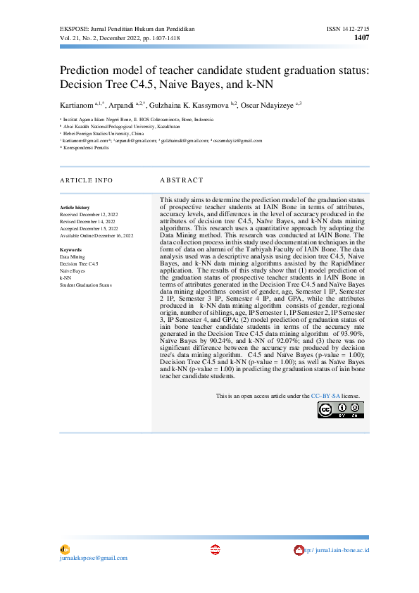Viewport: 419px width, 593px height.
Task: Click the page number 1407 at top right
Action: pyautogui.click(x=361, y=37)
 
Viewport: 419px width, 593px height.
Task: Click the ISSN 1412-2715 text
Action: pyautogui.click(x=348, y=28)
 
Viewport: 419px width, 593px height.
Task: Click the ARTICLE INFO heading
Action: pyautogui.click(x=86, y=180)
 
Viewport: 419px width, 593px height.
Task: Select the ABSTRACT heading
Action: pyautogui.click(x=181, y=180)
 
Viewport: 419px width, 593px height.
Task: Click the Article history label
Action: pyautogui.click(x=75, y=208)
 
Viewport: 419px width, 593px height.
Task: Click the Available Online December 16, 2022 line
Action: pyautogui.click(x=96, y=235)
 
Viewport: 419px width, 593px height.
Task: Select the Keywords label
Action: pyautogui.click(x=71, y=250)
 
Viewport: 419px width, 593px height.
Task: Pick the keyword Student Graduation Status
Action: pyautogui.click(x=86, y=285)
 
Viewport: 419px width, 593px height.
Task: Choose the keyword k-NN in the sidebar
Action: pyautogui.click(x=65, y=277)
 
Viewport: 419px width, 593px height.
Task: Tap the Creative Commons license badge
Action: pyautogui.click(x=342, y=409)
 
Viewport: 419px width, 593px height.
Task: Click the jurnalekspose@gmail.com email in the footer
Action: pyautogui.click(x=94, y=558)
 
